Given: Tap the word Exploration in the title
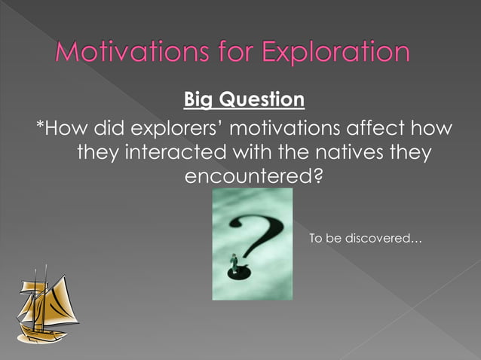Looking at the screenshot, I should click(336, 53).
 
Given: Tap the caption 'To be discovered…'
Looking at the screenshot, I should click(366, 239).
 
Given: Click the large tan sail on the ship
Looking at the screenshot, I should click(60, 301).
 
